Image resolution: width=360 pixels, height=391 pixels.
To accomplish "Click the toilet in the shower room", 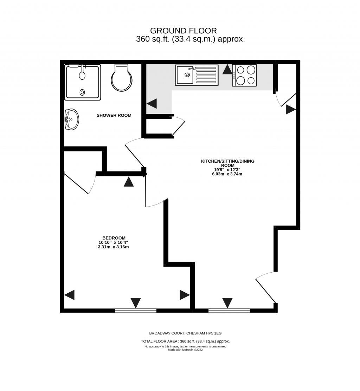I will point(122,79).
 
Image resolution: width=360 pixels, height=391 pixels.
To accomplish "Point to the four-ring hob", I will point(244,75).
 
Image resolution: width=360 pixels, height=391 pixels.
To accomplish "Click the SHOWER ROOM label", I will point(114,115).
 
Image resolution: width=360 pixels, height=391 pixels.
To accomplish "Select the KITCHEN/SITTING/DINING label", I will point(227,163).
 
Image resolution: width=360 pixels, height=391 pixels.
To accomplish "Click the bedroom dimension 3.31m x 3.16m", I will point(114,247).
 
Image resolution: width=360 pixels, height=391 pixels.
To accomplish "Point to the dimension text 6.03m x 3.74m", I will point(227,174).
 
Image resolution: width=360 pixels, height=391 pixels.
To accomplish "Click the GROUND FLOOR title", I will point(184,31).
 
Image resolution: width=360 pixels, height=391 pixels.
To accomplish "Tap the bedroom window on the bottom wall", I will point(136,311).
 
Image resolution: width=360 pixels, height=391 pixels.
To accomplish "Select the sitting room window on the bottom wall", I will point(229,311).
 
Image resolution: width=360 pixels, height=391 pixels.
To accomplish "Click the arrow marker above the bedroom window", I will point(136,302).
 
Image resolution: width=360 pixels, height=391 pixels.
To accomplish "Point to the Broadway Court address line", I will point(185,333).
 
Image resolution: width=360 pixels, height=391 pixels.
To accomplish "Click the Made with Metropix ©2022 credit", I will point(185,350).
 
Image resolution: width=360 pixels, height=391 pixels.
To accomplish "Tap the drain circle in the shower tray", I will point(82,92).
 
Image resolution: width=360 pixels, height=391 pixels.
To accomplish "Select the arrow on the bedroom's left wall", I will point(70,295).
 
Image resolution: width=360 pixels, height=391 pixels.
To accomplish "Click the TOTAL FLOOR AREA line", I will point(185,341).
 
